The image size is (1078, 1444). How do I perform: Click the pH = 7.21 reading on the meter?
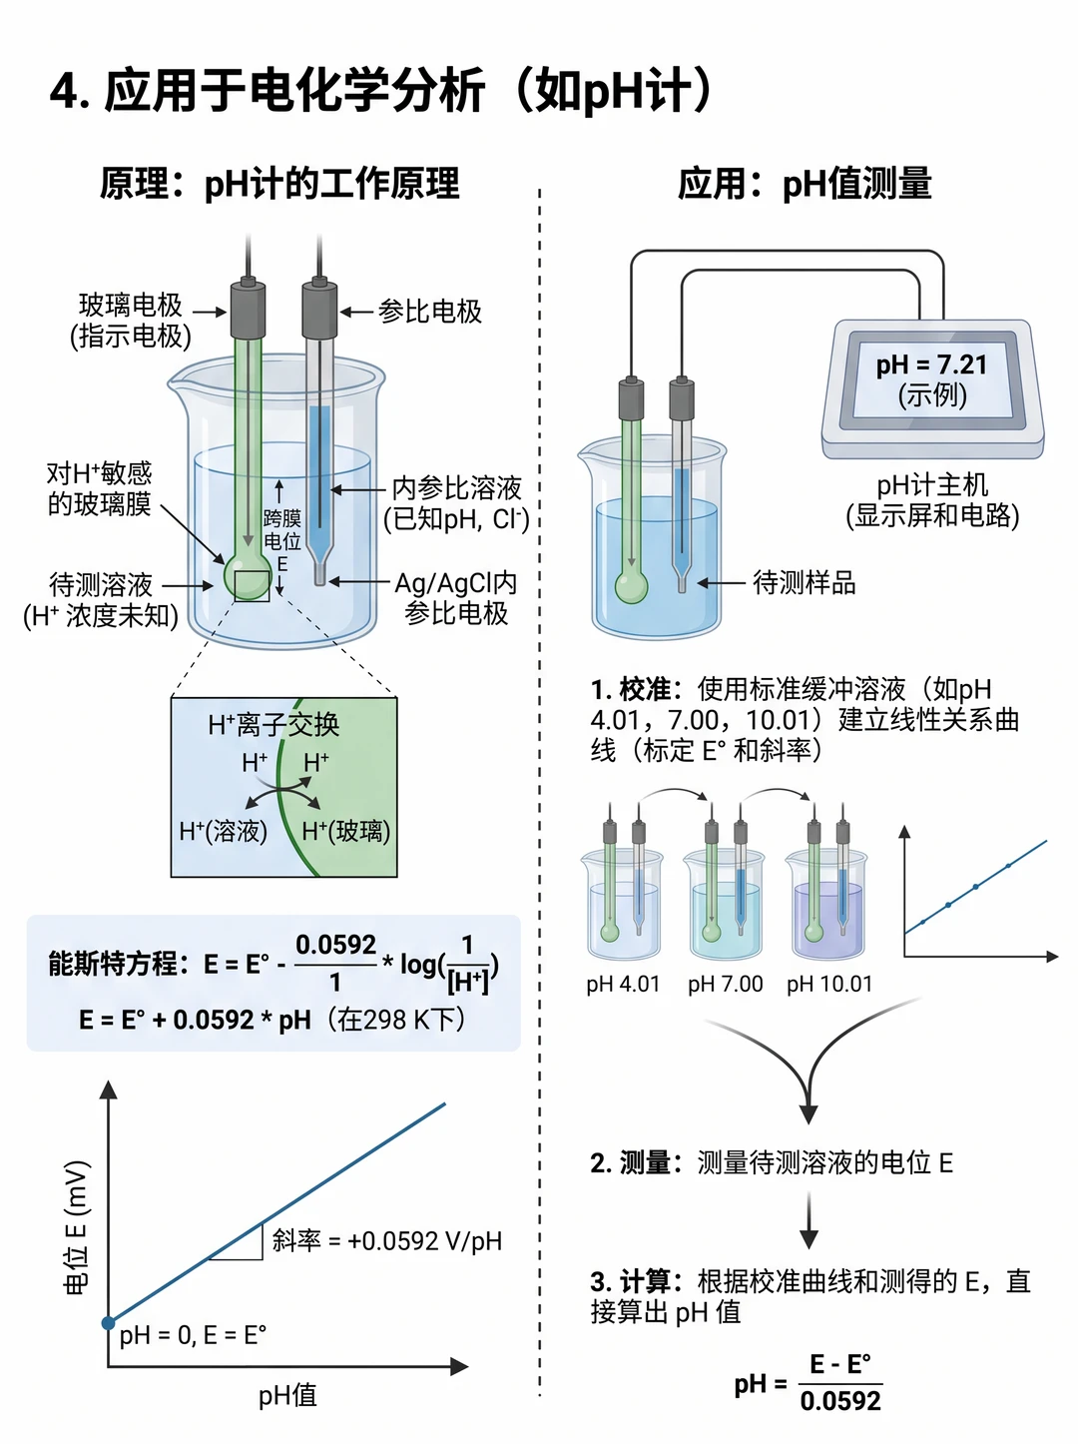point(931,364)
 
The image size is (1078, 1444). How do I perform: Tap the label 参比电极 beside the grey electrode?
point(430,312)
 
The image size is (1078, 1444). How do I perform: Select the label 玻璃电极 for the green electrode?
point(130,306)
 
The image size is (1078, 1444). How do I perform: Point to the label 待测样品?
point(804,583)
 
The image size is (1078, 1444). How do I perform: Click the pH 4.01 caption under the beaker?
point(623,985)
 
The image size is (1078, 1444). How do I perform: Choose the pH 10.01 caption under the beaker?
point(829,985)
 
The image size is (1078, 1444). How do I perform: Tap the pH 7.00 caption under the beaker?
point(725,985)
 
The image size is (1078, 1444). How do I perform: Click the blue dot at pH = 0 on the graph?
point(109,1323)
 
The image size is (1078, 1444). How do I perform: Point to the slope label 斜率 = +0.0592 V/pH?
point(387,1241)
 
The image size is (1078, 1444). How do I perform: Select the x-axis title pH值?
point(287,1396)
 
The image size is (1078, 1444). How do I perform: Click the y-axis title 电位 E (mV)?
point(76,1228)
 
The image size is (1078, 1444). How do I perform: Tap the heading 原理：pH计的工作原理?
point(279,183)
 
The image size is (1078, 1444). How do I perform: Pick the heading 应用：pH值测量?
point(805,183)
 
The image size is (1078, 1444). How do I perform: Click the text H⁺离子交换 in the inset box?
point(273,725)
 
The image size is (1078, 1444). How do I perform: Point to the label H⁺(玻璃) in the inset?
point(345,832)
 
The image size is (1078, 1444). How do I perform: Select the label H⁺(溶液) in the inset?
point(224,832)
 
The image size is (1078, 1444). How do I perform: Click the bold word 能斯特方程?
point(113,965)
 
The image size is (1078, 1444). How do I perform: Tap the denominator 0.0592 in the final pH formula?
point(840,1401)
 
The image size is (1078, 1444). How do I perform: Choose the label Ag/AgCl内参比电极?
point(455,598)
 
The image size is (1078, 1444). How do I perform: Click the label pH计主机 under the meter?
point(932,485)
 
